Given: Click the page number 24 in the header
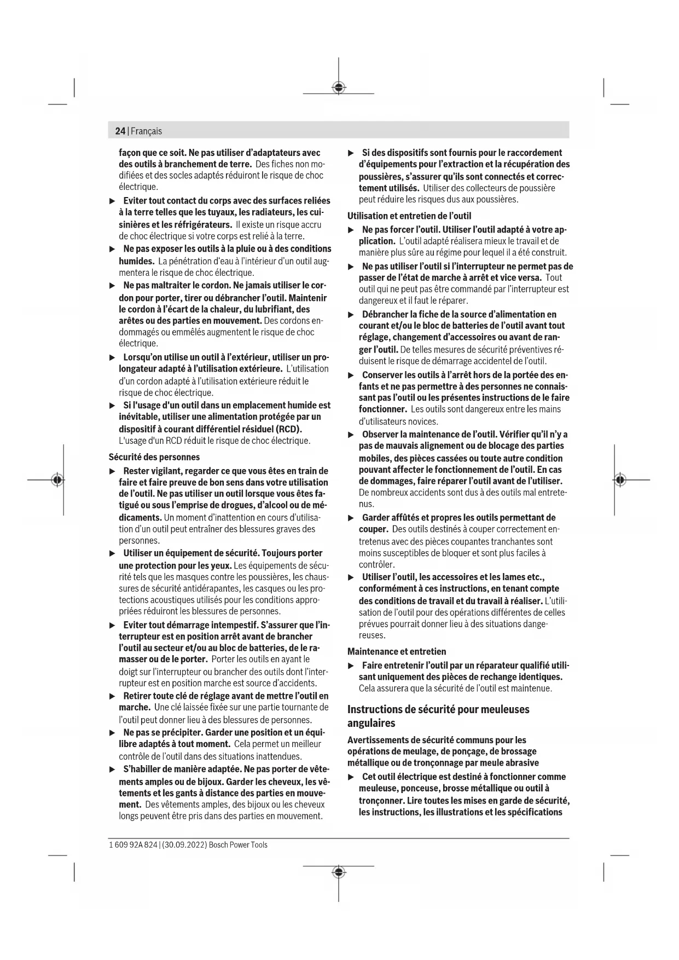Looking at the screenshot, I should [x=120, y=131].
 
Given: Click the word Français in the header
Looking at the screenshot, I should [x=146, y=131].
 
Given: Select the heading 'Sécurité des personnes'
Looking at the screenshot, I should [x=154, y=457].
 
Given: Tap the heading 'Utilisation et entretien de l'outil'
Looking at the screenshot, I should [x=409, y=216].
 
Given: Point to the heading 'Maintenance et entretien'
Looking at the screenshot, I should [x=397, y=651].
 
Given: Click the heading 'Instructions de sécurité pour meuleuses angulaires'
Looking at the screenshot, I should [x=438, y=716].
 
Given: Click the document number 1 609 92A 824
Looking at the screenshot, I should [x=134, y=845].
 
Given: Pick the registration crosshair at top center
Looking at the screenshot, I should [x=339, y=87].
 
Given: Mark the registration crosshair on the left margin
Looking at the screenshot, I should [x=57, y=479].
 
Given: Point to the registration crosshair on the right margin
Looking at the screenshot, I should [x=620, y=479].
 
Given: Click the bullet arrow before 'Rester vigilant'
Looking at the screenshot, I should [x=112, y=471].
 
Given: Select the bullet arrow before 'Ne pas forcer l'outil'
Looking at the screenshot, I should [x=351, y=230].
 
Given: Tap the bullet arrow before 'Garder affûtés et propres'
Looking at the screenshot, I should [x=351, y=518].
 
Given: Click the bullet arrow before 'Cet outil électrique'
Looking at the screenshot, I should [x=351, y=777].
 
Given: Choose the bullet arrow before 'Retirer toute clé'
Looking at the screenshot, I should [x=112, y=696].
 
